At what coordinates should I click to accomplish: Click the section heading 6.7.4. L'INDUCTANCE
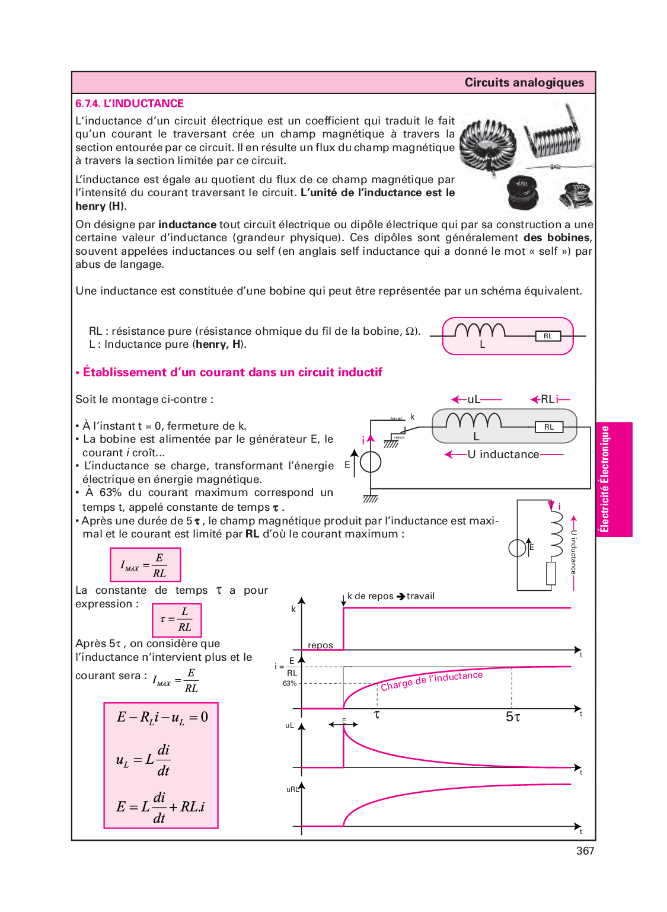(x=129, y=104)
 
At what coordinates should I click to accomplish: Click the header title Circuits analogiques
(x=524, y=83)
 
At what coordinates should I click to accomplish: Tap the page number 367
(x=585, y=851)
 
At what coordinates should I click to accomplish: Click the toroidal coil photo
(x=488, y=143)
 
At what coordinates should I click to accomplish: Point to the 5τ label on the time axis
(x=513, y=717)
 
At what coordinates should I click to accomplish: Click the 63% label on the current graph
(x=289, y=684)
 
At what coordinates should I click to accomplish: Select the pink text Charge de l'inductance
(x=431, y=681)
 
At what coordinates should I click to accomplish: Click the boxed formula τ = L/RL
(x=177, y=620)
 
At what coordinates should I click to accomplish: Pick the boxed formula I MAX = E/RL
(x=145, y=565)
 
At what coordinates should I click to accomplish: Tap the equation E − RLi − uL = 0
(x=162, y=718)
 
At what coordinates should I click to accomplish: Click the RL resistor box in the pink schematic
(x=548, y=336)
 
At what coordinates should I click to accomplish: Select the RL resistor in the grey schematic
(x=549, y=427)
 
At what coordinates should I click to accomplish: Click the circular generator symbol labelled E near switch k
(x=371, y=462)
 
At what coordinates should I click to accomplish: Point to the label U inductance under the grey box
(x=503, y=455)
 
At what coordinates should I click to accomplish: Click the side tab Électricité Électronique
(x=605, y=479)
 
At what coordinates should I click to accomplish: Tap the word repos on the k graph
(x=320, y=645)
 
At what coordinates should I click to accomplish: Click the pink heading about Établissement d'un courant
(x=232, y=372)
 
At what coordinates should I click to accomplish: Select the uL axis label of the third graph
(x=289, y=725)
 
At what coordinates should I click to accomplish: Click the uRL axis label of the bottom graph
(x=292, y=789)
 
